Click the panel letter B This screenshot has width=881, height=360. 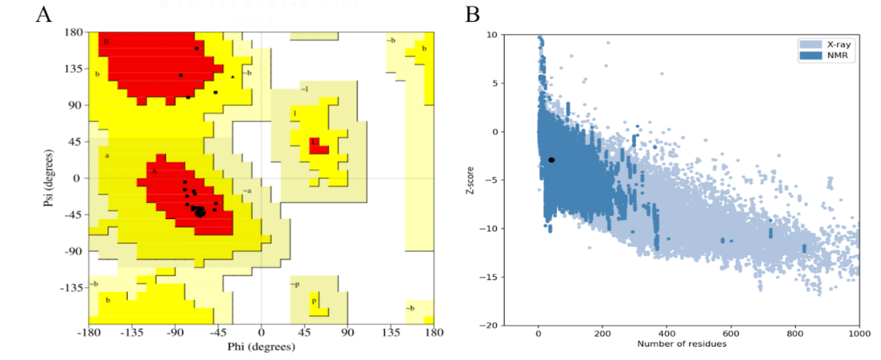(x=473, y=15)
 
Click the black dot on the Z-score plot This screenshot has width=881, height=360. (x=552, y=160)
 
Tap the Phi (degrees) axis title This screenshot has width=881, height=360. (x=261, y=346)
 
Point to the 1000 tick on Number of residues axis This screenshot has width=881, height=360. (x=858, y=334)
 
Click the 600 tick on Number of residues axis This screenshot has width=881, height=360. (x=731, y=334)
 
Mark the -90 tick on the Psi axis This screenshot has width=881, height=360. (x=75, y=251)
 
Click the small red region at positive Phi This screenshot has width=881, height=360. (x=317, y=146)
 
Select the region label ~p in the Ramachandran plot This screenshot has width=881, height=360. (x=295, y=284)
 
